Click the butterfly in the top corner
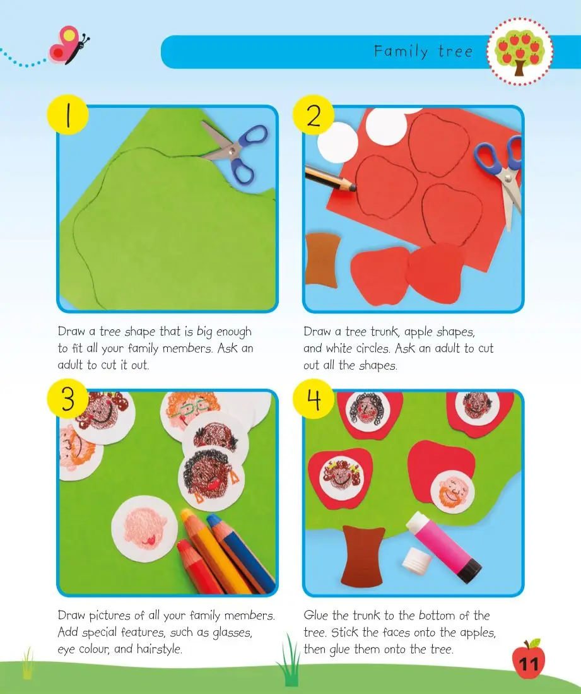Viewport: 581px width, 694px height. point(69,45)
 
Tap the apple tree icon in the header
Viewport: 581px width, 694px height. point(519,51)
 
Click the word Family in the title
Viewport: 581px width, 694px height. point(401,52)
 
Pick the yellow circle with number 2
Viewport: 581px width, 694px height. point(314,115)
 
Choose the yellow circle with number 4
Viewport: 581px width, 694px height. point(314,399)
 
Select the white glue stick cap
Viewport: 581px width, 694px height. point(416,558)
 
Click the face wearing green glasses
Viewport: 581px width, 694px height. point(191,411)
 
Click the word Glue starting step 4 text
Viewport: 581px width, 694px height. point(316,616)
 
